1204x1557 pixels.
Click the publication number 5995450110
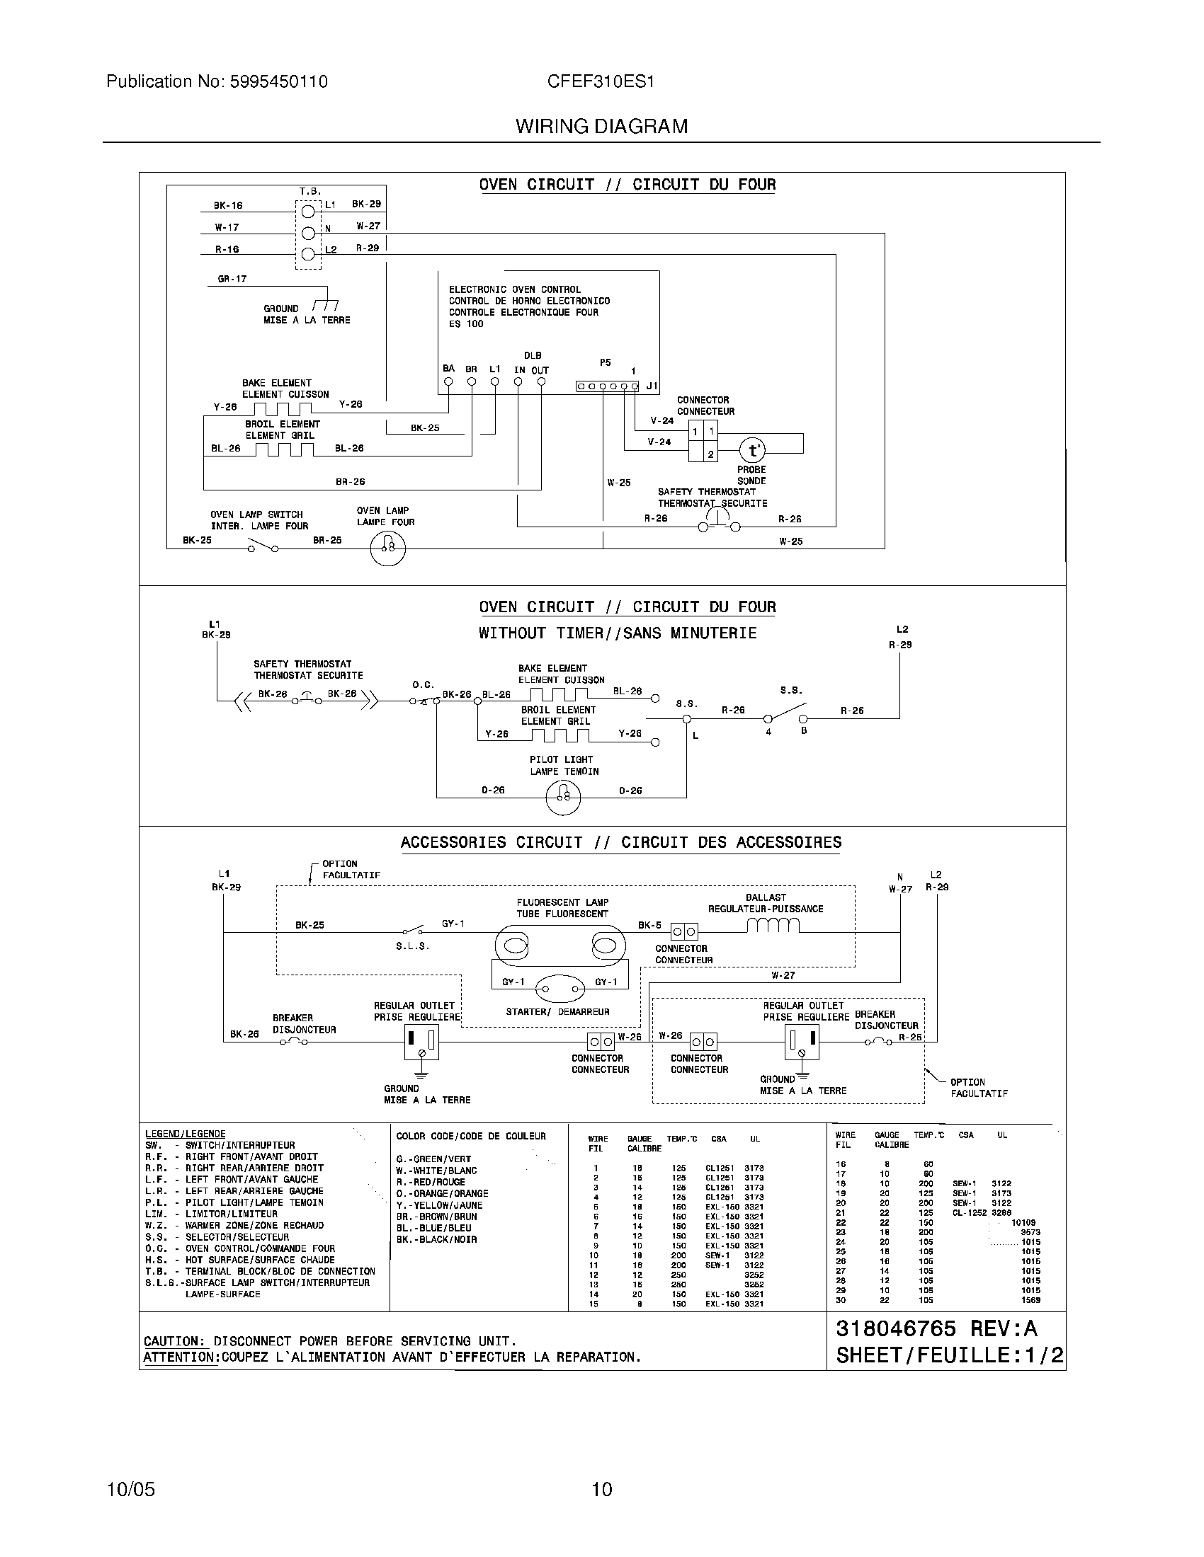point(278,82)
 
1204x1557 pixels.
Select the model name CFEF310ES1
point(601,82)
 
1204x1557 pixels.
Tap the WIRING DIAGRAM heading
point(601,127)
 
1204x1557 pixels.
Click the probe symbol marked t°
point(751,451)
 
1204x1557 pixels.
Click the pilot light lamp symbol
point(563,795)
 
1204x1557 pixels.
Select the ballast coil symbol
point(773,926)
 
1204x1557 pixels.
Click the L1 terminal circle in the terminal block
point(308,212)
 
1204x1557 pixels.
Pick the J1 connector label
point(651,386)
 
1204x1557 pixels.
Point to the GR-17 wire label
point(232,279)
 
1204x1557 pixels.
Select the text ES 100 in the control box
point(466,323)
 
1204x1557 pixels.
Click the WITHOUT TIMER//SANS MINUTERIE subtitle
point(617,633)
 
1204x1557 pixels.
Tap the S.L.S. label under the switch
point(412,947)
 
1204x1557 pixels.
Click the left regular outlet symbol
point(421,1043)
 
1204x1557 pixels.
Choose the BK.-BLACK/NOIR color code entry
point(436,1239)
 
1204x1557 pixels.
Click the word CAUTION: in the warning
point(174,1341)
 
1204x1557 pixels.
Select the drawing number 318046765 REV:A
point(936,1329)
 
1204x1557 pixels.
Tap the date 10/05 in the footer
point(130,1490)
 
